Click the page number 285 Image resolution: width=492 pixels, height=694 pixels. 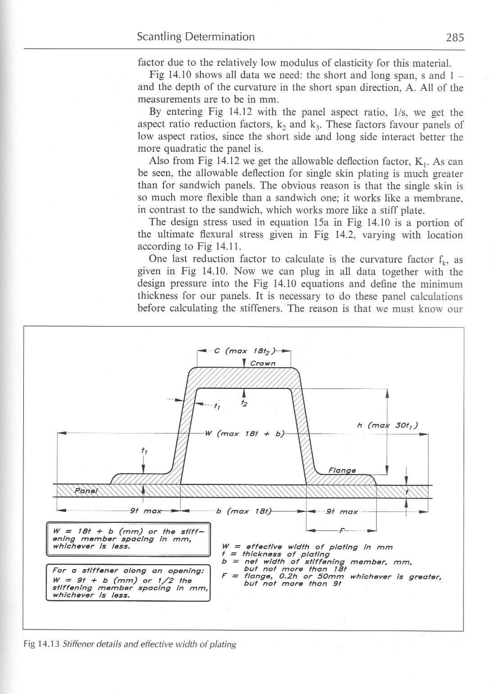pos(455,37)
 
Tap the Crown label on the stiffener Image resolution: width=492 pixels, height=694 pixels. pos(263,363)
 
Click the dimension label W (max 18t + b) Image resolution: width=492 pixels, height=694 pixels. pos(244,433)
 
